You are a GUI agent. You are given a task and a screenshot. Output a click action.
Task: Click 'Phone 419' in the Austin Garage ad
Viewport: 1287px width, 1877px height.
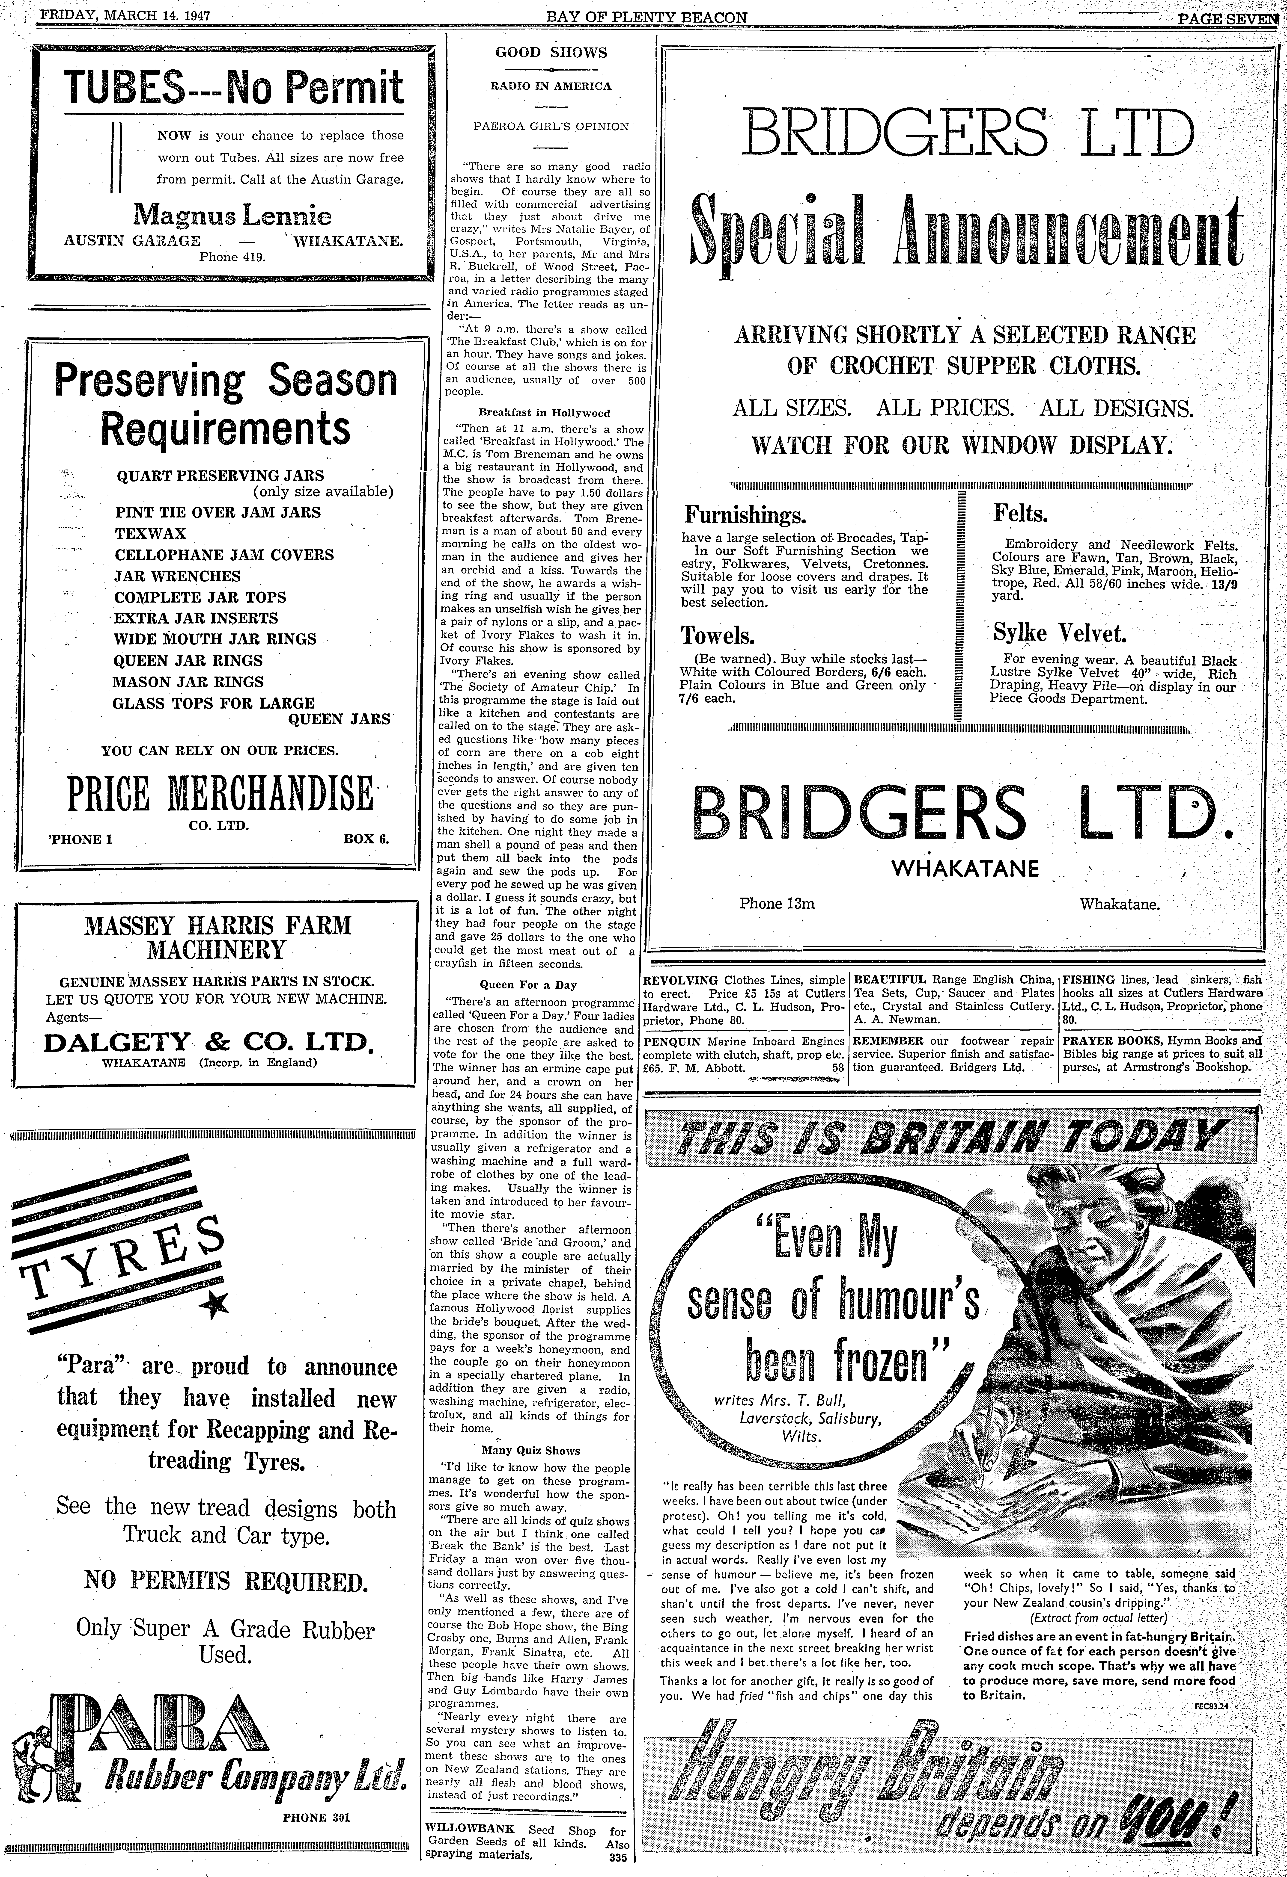click(x=233, y=257)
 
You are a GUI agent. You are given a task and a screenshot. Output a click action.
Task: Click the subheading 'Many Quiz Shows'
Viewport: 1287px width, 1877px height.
click(x=530, y=1450)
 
